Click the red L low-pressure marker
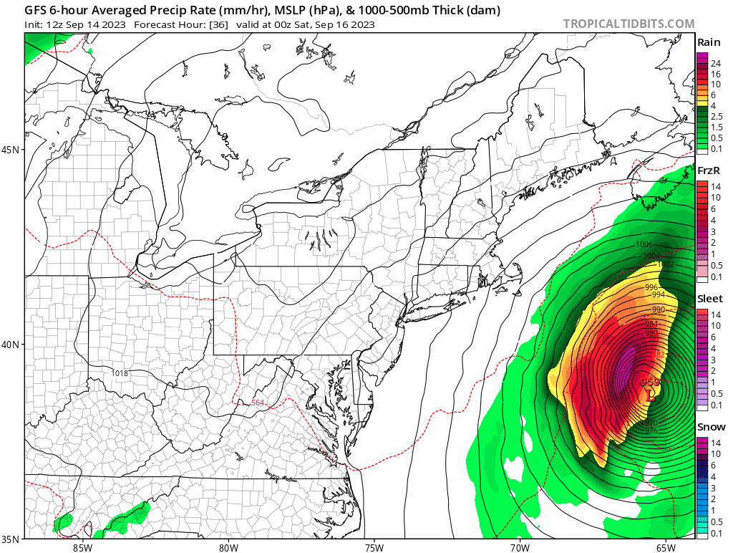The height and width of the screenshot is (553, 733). [x=650, y=394]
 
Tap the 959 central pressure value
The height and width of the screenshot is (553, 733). [x=650, y=382]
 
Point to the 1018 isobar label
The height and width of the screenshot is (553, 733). [x=121, y=373]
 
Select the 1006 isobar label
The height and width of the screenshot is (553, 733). [x=644, y=245]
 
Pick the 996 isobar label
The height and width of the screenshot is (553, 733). [x=651, y=287]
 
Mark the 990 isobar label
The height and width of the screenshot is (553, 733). [x=658, y=309]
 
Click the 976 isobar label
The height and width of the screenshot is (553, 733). [x=651, y=431]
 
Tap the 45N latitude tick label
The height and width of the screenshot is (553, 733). [x=12, y=150]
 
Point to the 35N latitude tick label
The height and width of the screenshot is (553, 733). [x=12, y=539]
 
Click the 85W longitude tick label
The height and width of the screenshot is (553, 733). [x=82, y=547]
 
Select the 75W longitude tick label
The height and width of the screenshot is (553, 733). [x=373, y=547]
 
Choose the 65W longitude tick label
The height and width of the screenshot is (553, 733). [x=665, y=547]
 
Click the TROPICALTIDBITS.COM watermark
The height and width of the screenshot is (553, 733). [x=628, y=24]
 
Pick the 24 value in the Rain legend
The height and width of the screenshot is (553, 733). [x=715, y=64]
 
